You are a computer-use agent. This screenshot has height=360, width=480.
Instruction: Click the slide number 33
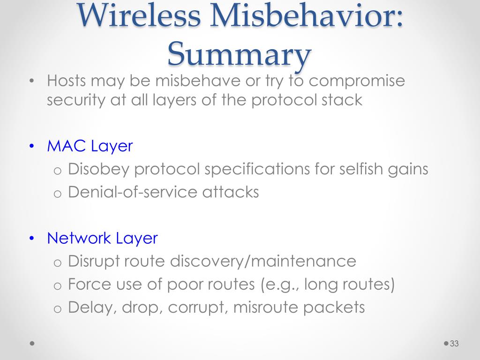tap(454, 344)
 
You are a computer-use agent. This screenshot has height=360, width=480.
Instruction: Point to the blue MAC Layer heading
tap(90, 146)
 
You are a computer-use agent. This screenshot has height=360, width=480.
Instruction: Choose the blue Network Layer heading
tap(102, 238)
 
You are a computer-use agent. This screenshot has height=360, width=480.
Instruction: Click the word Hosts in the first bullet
tap(67, 81)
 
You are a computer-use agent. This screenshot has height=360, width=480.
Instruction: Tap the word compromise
tap(357, 81)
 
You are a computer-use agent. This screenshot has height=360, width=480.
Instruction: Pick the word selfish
tap(361, 169)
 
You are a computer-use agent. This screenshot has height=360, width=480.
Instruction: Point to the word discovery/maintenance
tap(263, 261)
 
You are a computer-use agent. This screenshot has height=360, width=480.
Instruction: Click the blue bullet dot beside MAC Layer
tap(32, 146)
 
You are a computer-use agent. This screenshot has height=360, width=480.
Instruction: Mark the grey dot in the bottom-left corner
tap(32, 344)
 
